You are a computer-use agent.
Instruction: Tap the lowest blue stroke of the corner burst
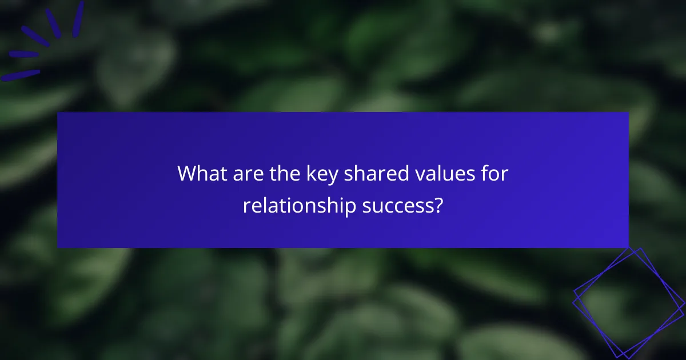click(21, 75)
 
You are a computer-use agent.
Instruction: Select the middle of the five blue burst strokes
click(34, 36)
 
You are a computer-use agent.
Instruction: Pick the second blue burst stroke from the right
click(53, 23)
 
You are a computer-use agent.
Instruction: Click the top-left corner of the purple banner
click(58, 113)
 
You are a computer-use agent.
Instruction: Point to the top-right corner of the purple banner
click(628, 113)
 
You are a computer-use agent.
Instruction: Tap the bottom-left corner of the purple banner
click(58, 247)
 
